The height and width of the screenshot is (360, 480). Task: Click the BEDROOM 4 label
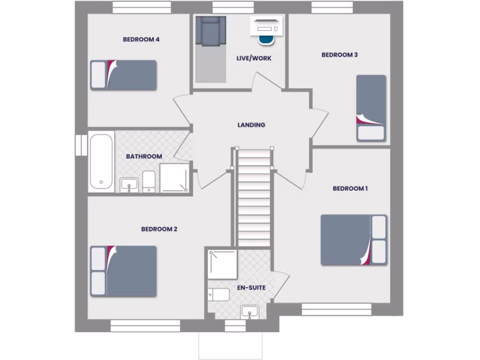tap(141, 39)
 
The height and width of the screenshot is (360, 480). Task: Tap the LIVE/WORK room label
tap(254, 59)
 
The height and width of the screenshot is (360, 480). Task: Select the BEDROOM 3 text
tap(339, 55)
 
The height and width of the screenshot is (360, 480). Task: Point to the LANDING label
tap(251, 125)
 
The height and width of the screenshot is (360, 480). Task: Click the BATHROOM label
tap(144, 157)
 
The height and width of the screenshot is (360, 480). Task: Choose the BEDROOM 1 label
tap(350, 188)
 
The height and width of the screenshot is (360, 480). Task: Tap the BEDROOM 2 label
tap(159, 229)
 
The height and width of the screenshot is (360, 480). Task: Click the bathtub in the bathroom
tap(101, 162)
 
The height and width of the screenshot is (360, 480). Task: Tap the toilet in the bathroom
tap(149, 180)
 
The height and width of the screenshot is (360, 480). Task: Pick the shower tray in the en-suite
tap(223, 264)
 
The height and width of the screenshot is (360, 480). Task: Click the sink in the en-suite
tap(249, 312)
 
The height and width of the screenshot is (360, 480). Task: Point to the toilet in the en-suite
tap(219, 295)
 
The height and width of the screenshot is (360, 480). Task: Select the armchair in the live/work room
tap(211, 31)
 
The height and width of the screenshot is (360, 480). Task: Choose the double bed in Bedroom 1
tap(353, 240)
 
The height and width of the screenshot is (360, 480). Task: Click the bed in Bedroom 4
tap(123, 75)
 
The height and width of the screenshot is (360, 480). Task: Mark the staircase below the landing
tap(254, 197)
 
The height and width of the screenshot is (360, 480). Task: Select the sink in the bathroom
tap(128, 184)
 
